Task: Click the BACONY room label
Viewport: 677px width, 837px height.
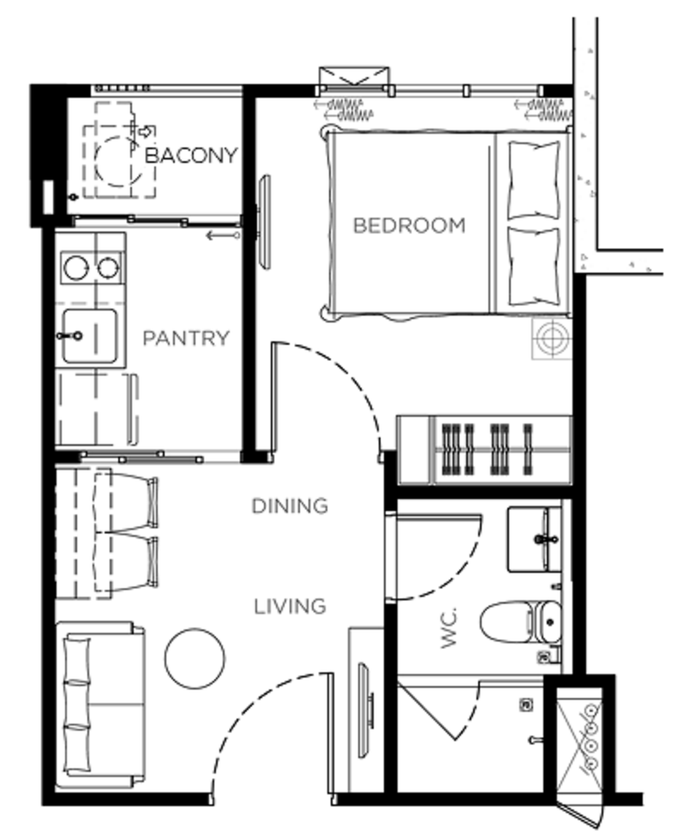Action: tap(191, 155)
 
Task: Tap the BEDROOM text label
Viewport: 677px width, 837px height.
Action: tap(409, 226)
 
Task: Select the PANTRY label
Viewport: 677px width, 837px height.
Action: tap(186, 339)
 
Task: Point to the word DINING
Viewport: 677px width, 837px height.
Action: tap(290, 506)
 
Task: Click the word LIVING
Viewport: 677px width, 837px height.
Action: tap(290, 607)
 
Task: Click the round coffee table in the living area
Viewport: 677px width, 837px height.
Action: tap(195, 658)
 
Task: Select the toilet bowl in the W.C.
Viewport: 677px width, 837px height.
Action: tap(520, 622)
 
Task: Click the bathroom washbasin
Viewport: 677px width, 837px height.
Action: tap(534, 539)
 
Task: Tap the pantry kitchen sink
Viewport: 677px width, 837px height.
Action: tap(89, 336)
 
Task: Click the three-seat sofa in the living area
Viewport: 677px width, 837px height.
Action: tap(100, 706)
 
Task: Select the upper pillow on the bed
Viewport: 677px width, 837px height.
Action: tap(534, 180)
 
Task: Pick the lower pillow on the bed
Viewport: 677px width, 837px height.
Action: tap(534, 267)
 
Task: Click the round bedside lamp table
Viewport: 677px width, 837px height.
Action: tap(551, 339)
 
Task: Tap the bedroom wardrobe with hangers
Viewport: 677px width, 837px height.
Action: tap(484, 450)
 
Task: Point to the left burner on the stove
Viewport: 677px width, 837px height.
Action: tap(75, 268)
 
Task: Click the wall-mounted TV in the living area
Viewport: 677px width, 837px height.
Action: tap(367, 709)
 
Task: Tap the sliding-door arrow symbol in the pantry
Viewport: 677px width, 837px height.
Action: tap(223, 235)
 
